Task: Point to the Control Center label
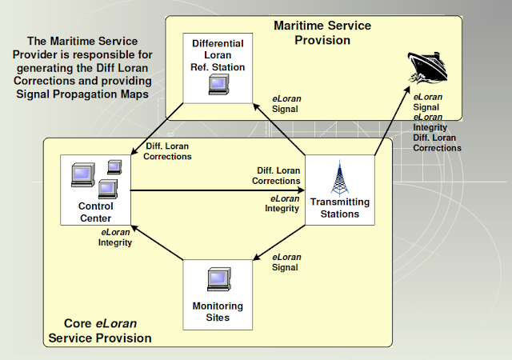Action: tap(94, 213)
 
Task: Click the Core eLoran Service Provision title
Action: tap(100, 331)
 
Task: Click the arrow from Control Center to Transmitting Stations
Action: tap(216, 191)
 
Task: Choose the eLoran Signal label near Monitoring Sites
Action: tap(286, 262)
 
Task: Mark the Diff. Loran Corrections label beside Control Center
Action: tap(168, 151)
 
